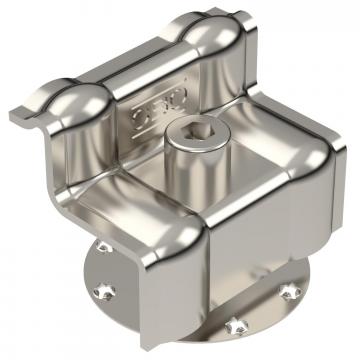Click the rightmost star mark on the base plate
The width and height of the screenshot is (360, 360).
click(x=290, y=290)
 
